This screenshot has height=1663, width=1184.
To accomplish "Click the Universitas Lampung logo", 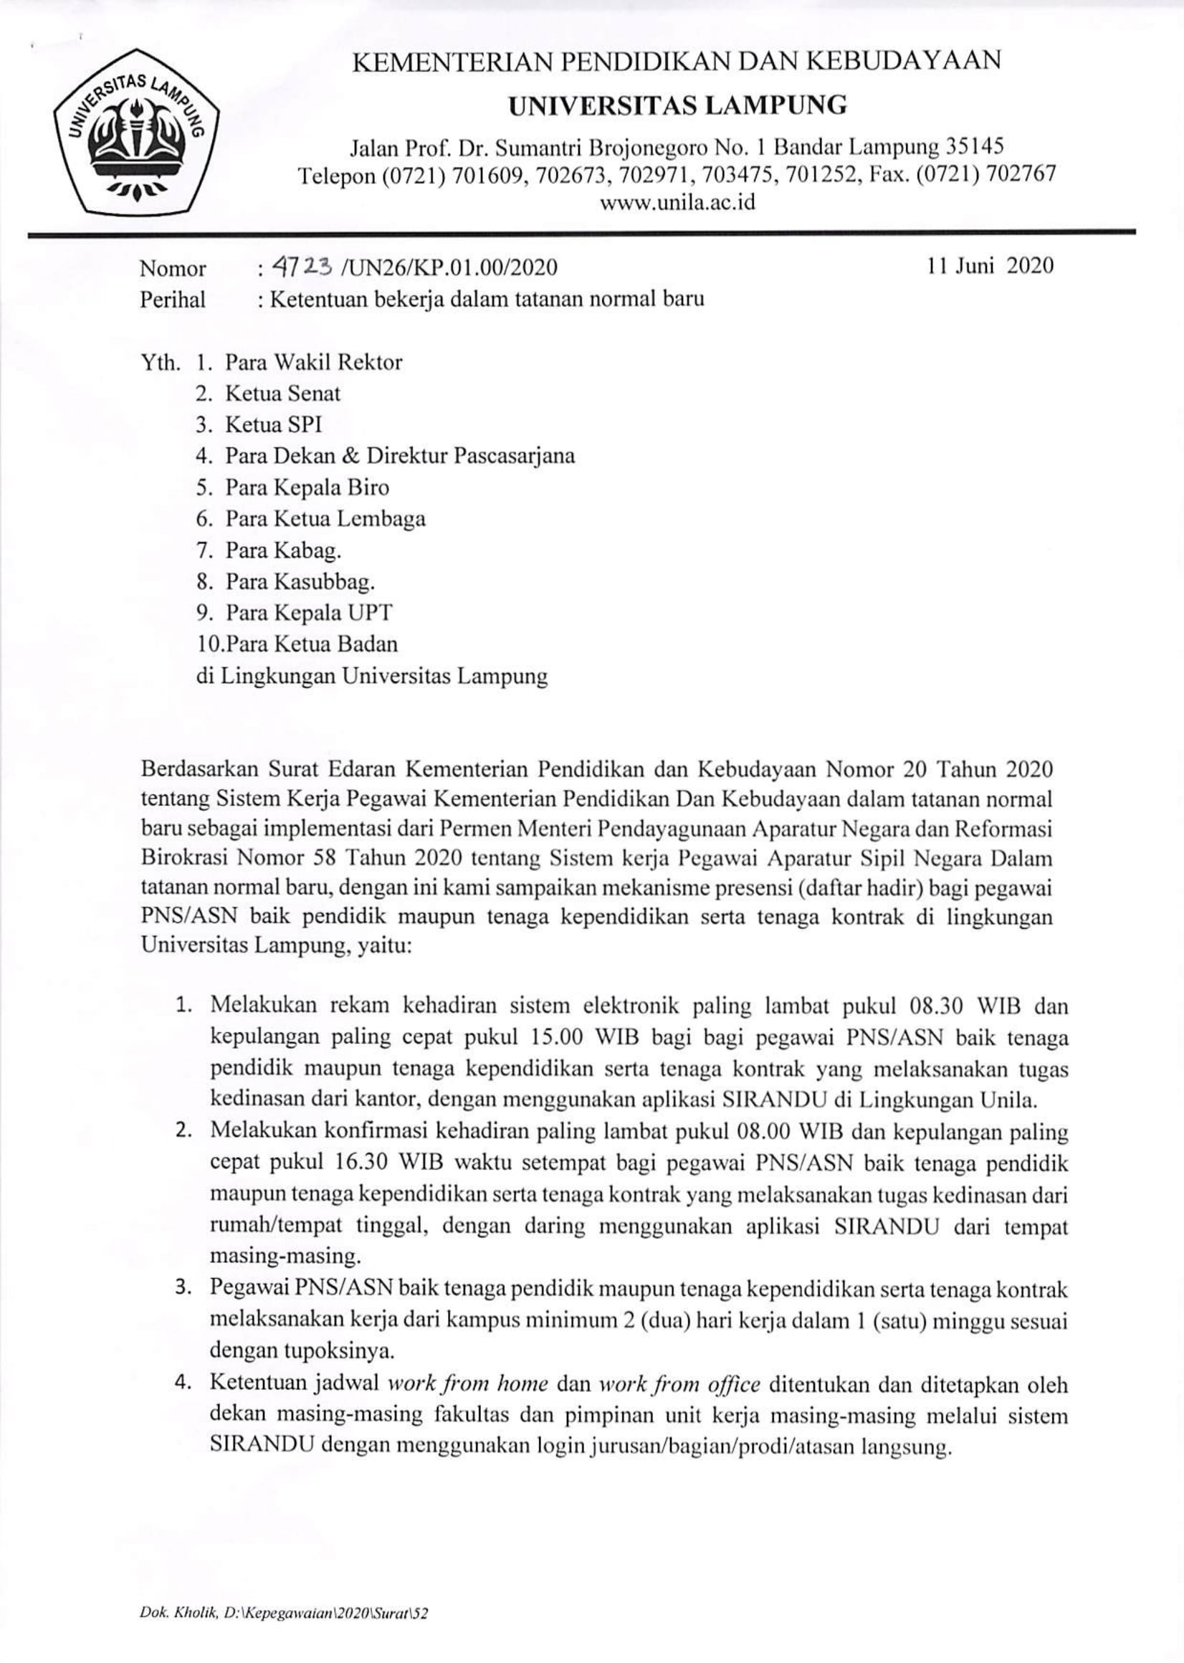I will (x=137, y=130).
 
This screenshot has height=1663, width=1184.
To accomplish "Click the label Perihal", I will (x=173, y=300).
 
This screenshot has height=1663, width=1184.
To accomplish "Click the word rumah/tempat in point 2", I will (x=282, y=1227).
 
